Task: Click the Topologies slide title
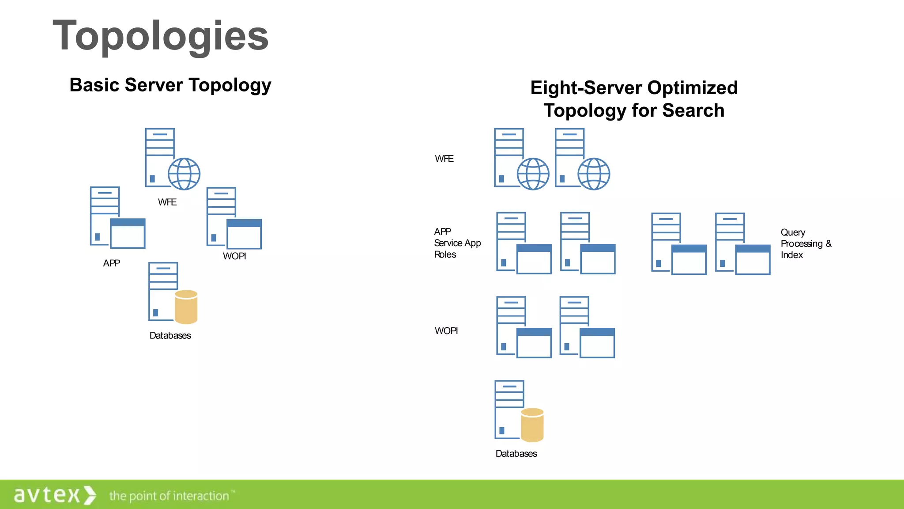[x=161, y=36]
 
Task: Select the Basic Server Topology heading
[x=170, y=85]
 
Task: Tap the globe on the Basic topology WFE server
[x=184, y=174]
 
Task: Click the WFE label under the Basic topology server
[x=167, y=202]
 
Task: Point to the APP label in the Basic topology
[x=111, y=263]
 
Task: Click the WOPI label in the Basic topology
[x=234, y=256]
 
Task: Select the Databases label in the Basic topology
[x=170, y=336]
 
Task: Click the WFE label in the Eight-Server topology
[x=444, y=159]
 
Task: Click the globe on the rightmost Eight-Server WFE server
[x=594, y=174]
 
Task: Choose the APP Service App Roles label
[x=457, y=243]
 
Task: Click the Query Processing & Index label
[x=806, y=243]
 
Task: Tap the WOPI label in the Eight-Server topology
[x=446, y=331]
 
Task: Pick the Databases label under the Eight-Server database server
[x=516, y=454]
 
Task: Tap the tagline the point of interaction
[x=169, y=496]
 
